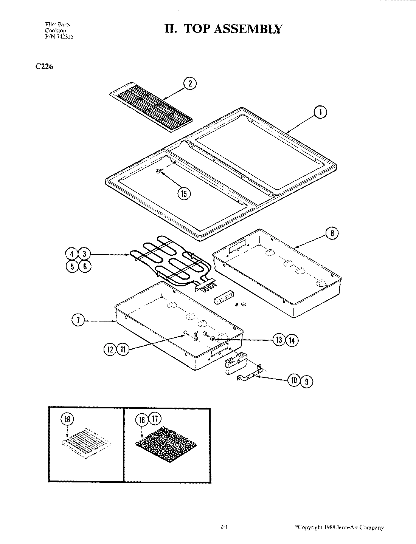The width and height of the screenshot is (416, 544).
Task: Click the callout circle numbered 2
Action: pos(190,84)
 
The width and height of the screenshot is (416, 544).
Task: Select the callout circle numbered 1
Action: pos(320,113)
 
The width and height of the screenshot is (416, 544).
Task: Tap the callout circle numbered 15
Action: pos(184,194)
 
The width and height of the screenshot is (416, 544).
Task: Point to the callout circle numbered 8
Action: pos(332,234)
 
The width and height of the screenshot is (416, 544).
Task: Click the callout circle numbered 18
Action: pos(67,419)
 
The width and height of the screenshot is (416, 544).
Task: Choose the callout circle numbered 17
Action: pos(155,419)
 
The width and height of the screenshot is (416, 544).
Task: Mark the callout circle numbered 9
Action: pos(307,381)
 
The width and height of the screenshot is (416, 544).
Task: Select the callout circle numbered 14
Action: pos(292,340)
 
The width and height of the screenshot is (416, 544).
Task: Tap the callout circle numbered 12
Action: pos(110,350)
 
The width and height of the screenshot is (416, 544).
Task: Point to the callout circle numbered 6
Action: pos(85,266)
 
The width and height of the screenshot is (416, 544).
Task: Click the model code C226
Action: pos(45,67)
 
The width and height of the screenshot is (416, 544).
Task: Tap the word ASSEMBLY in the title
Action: pos(247,29)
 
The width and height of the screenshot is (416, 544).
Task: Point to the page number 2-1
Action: pos(224,527)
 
